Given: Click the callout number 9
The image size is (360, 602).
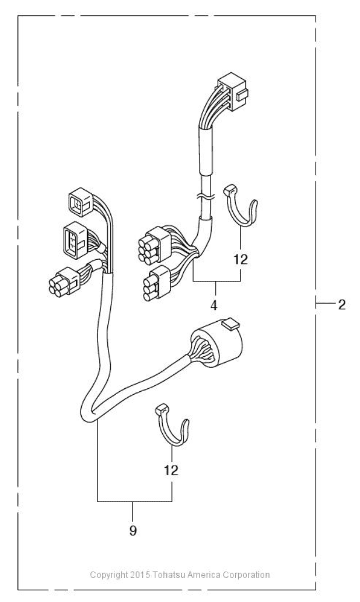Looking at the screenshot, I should tap(134, 516).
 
